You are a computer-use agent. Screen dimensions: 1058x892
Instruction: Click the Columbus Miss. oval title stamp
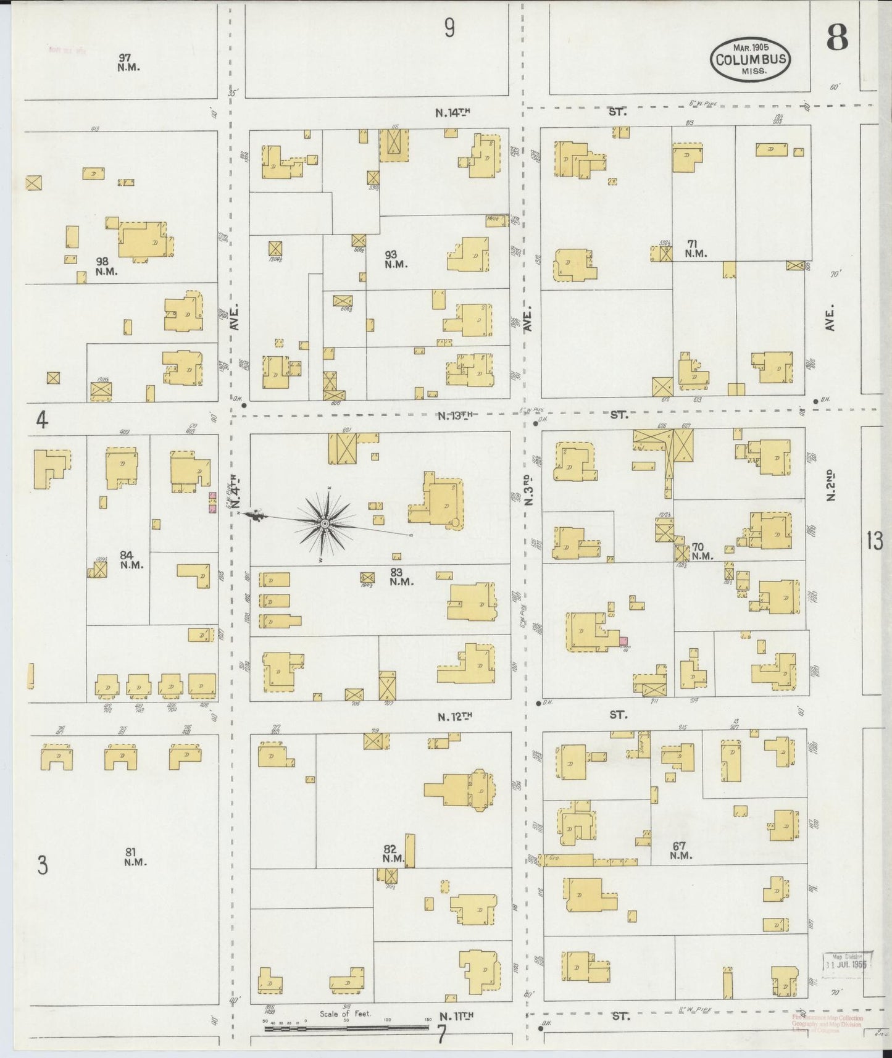(x=751, y=60)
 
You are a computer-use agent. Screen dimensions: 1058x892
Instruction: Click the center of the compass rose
(x=324, y=524)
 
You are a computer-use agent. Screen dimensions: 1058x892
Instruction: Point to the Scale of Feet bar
(x=346, y=1027)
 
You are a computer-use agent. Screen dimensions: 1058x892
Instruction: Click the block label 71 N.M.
(x=695, y=248)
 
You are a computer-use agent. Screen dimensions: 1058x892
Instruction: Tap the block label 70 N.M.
(x=701, y=551)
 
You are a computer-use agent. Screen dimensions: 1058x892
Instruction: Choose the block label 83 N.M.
(x=401, y=577)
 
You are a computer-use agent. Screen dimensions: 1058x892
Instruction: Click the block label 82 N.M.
(x=393, y=854)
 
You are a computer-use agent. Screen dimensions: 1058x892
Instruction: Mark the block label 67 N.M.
(x=680, y=851)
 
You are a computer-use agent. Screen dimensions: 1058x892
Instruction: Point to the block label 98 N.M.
(x=106, y=266)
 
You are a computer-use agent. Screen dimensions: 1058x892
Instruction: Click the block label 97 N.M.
(x=128, y=62)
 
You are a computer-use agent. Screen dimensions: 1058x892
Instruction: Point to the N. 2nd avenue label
(x=830, y=485)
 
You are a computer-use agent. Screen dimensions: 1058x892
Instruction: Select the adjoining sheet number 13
(x=874, y=541)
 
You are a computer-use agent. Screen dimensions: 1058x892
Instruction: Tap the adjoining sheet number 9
(x=449, y=28)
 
